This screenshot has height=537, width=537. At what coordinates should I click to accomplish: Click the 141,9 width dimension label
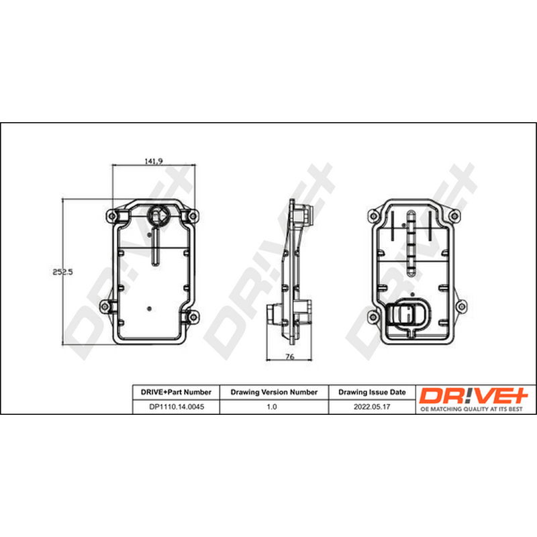[x=154, y=161]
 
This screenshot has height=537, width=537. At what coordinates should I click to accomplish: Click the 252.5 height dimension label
[x=62, y=272]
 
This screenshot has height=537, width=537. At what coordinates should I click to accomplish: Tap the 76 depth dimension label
[x=290, y=356]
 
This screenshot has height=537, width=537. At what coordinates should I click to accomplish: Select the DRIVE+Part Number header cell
[x=176, y=392]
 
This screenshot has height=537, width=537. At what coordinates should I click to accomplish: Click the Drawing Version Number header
[x=274, y=392]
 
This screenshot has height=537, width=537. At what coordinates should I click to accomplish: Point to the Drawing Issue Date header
[x=372, y=392]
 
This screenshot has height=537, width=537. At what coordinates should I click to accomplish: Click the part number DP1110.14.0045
[x=177, y=407]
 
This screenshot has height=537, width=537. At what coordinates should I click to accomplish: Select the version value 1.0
[x=272, y=407]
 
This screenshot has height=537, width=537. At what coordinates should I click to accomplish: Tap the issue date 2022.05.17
[x=372, y=407]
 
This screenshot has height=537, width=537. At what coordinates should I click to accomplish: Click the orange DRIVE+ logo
[x=474, y=395]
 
